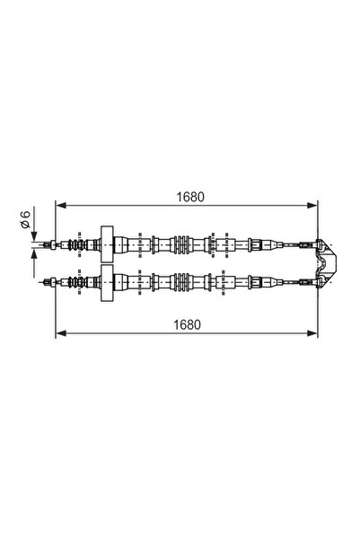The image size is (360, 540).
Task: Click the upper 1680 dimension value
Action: click(190, 197)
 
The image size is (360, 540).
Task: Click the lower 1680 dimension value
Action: click(187, 324)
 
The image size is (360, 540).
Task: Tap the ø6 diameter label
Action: click(25, 219)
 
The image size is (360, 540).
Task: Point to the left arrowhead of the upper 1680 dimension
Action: click(61, 206)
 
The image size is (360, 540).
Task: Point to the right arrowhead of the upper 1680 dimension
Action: click(312, 206)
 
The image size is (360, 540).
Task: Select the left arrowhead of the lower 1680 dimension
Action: click(61, 333)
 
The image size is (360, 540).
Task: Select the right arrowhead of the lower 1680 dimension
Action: click(312, 333)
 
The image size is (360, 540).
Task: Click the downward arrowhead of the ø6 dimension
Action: click(34, 236)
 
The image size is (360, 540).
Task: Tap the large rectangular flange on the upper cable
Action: click(107, 244)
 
